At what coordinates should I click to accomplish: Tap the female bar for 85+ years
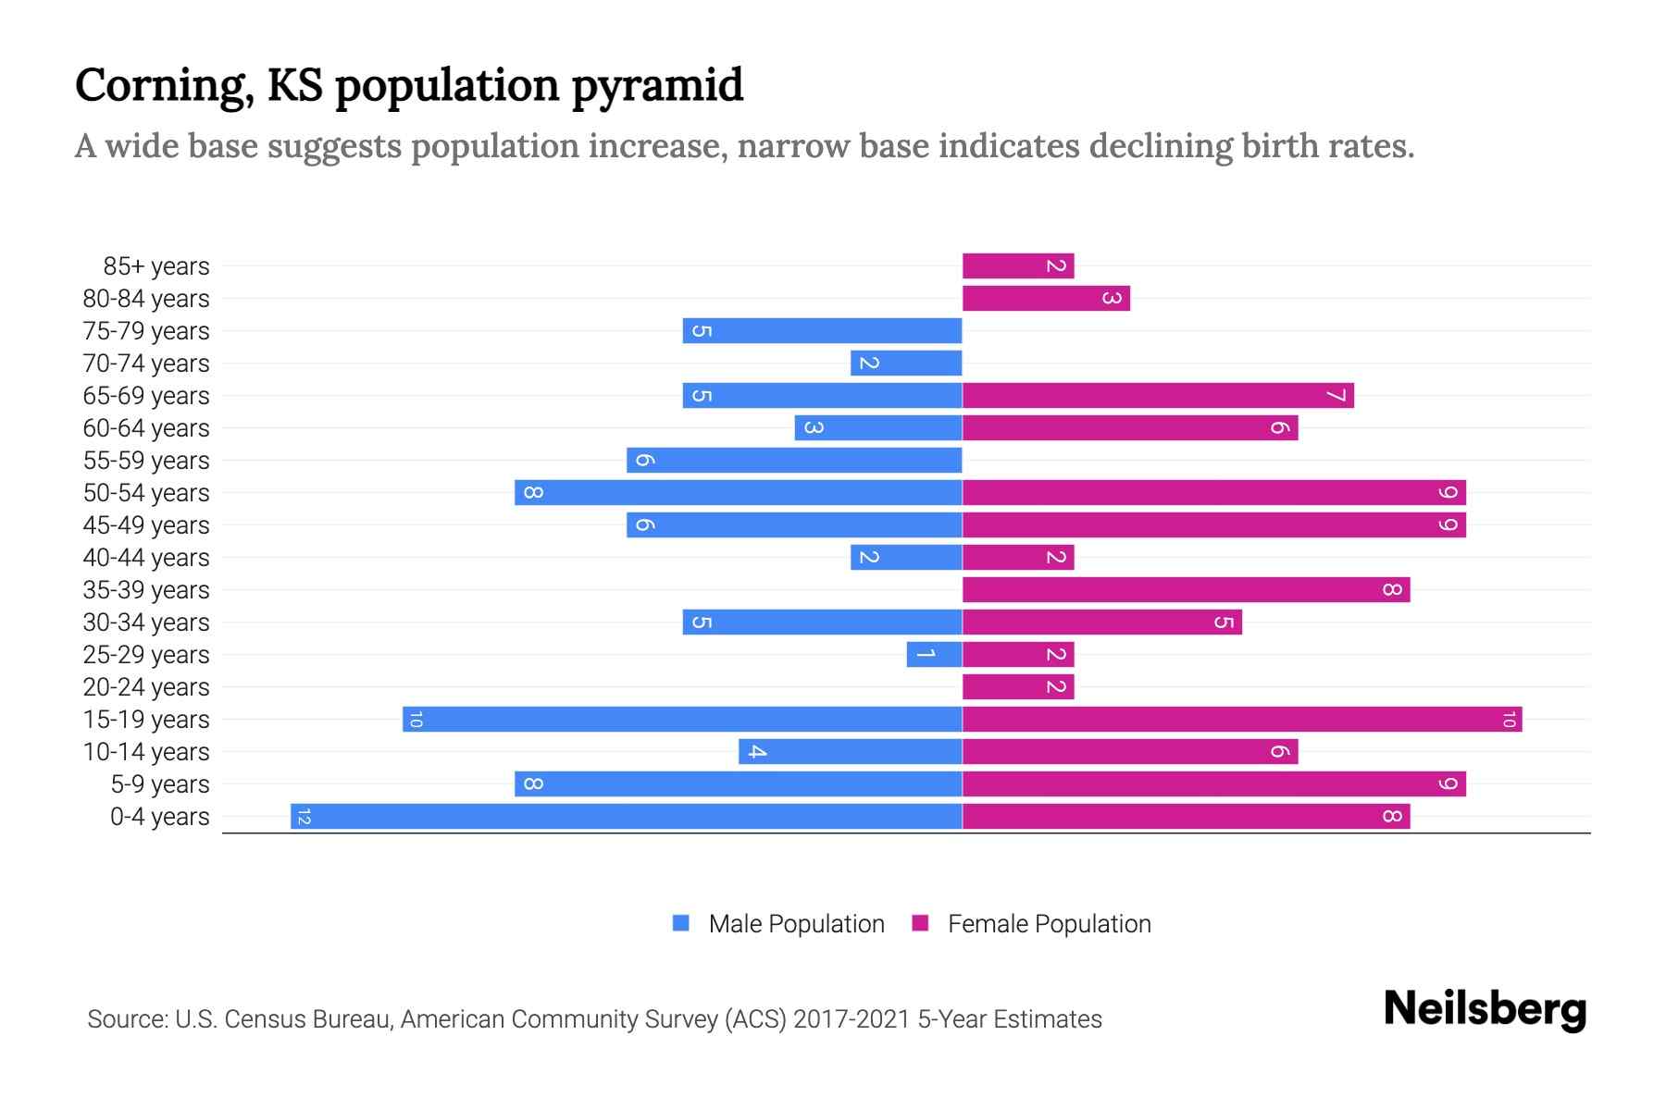click(1018, 266)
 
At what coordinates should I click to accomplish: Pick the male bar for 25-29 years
click(935, 655)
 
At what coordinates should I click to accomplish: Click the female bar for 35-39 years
click(1186, 590)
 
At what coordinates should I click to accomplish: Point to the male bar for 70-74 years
click(906, 364)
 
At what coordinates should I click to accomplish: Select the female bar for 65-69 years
click(1158, 396)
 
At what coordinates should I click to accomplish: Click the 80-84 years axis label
click(146, 299)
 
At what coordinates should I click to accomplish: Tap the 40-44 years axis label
click(146, 558)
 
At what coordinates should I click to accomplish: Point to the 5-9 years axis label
click(159, 784)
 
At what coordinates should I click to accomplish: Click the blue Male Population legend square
click(681, 923)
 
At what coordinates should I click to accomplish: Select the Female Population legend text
click(1049, 924)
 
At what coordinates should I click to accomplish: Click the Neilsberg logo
click(1485, 1009)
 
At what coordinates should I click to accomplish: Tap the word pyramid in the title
click(656, 86)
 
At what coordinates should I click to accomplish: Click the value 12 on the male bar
click(305, 817)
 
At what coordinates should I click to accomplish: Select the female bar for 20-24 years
click(1018, 687)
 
